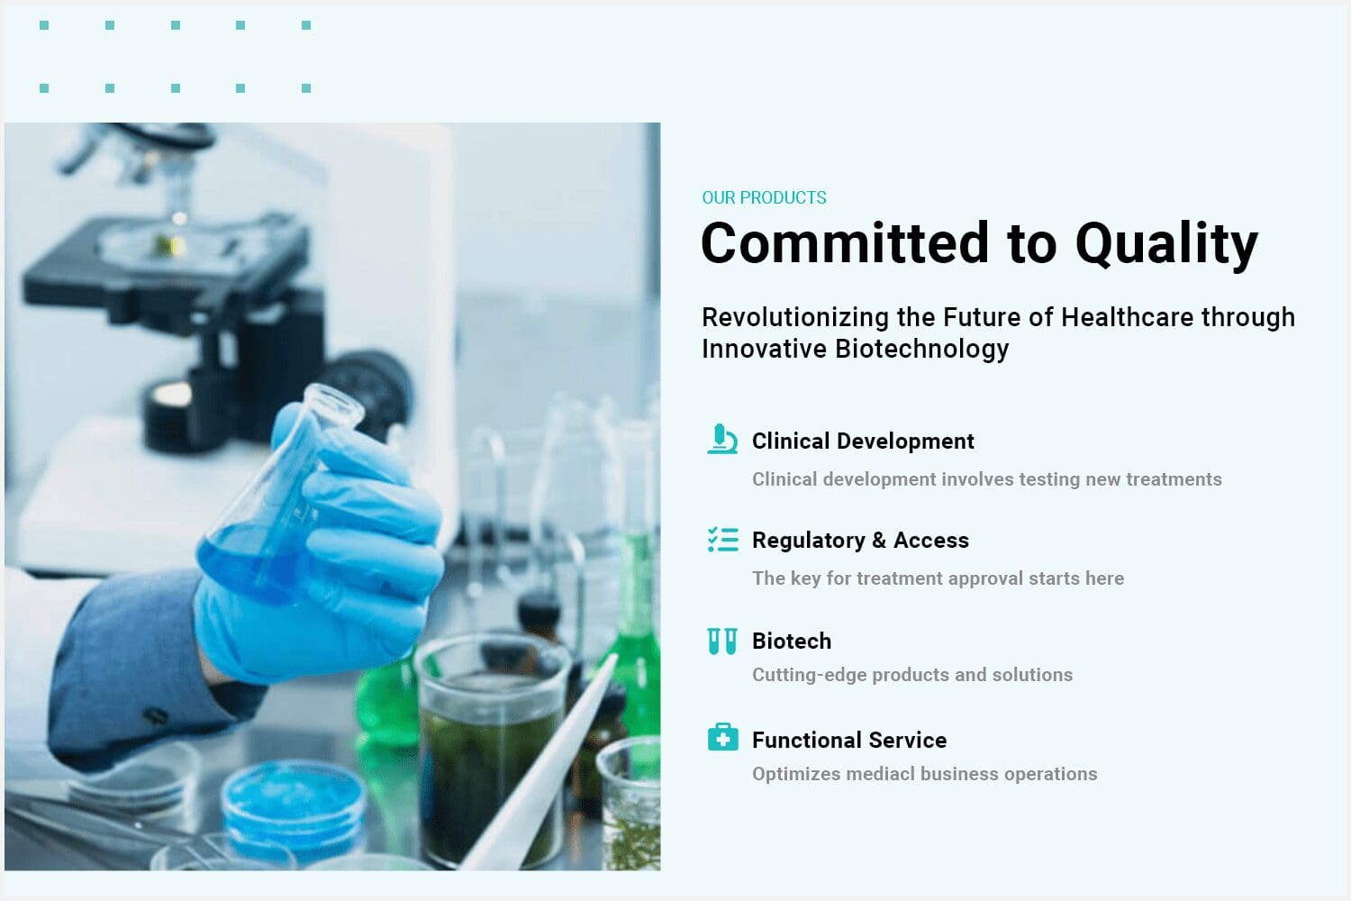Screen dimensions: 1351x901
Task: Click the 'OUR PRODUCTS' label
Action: (764, 197)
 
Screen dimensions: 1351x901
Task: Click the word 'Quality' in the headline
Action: (1166, 244)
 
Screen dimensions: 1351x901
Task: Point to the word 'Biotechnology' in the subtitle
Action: (921, 350)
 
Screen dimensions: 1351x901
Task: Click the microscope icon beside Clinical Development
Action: (722, 439)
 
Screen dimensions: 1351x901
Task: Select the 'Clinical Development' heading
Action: (863, 441)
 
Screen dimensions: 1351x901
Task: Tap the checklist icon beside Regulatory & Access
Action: (722, 540)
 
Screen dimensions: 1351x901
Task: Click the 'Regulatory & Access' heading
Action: (860, 541)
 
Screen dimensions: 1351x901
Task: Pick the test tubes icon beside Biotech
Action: (722, 641)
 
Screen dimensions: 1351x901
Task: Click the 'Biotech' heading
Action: (792, 641)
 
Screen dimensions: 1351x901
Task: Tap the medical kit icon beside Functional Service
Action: (722, 737)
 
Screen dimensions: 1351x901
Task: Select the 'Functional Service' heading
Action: (849, 741)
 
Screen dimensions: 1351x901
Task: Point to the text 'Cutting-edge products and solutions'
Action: (911, 675)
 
